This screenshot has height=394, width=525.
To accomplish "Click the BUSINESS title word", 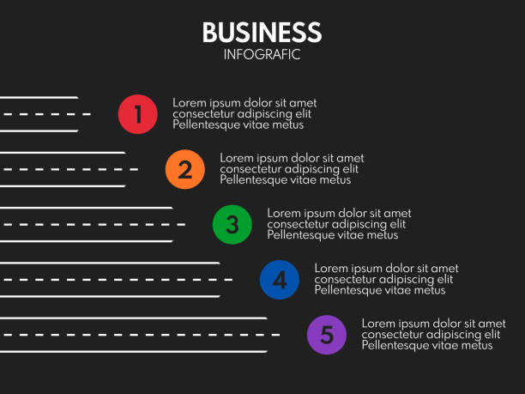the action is click(262, 33).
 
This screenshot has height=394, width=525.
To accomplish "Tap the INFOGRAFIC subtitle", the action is click(262, 55).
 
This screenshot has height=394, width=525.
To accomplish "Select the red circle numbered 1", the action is click(137, 114).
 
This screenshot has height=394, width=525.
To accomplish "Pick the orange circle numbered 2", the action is click(184, 169).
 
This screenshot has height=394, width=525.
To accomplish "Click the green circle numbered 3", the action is click(232, 225).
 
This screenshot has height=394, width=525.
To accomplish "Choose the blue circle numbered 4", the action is click(280, 280).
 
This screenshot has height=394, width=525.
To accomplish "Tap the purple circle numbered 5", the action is click(327, 335).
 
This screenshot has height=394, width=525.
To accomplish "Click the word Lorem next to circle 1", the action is click(188, 103).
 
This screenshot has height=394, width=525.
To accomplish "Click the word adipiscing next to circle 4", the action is click(405, 280).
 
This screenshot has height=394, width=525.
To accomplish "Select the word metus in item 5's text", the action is click(477, 345).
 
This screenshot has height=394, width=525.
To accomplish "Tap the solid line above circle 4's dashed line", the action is click(110, 264).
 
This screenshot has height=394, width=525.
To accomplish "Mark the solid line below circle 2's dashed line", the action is click(63, 186).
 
